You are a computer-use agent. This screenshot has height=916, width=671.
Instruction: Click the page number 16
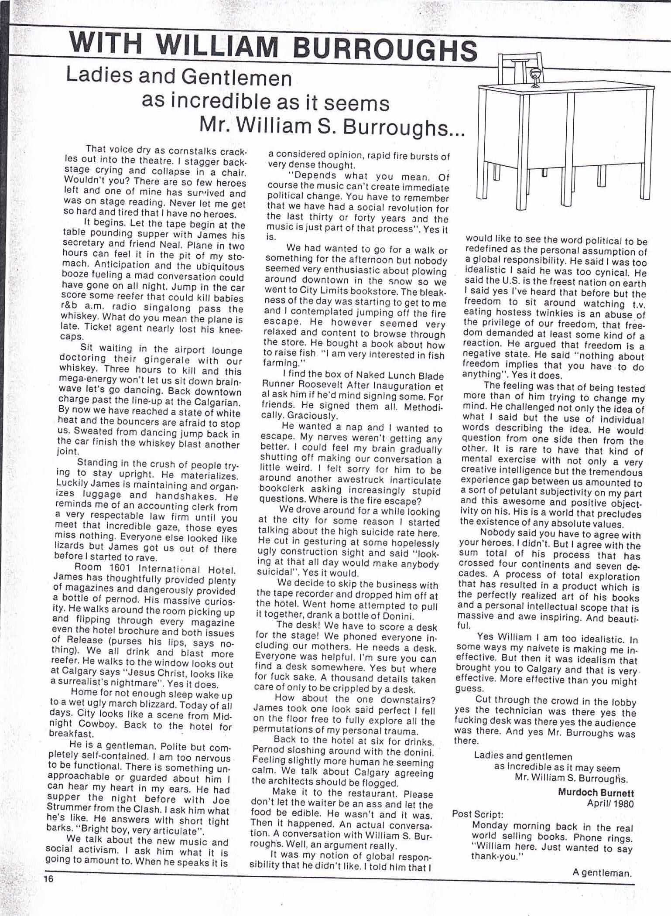[x=48, y=879]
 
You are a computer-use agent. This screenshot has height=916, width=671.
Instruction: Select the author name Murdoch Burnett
[x=596, y=793]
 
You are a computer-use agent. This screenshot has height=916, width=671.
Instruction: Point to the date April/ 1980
[x=610, y=803]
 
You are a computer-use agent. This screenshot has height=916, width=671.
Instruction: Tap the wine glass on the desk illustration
[x=534, y=76]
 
